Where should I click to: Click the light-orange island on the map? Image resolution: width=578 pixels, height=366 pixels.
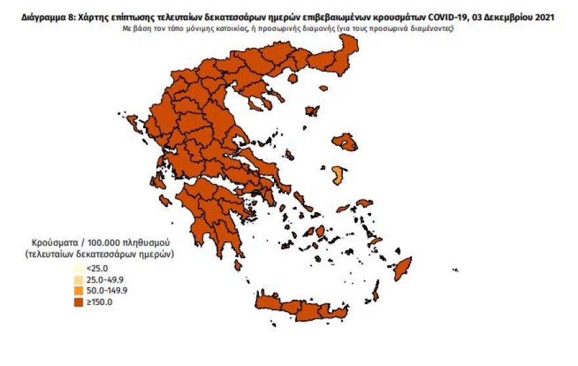pos(338,174)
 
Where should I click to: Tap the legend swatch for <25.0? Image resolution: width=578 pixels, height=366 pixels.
pos(78,268)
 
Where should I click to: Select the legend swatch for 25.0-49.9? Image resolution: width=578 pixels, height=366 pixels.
pos(78,279)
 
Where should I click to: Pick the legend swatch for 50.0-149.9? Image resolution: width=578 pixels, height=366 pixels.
pos(78,290)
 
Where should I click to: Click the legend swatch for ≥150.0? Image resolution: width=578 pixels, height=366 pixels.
pos(78,302)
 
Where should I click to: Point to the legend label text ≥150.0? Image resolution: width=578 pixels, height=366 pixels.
pos(99,302)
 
